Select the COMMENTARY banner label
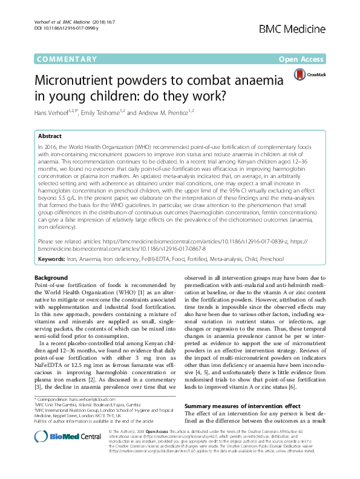67,59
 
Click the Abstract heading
50,137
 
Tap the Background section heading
51,277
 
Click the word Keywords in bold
51,259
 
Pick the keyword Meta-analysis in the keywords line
232,259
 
